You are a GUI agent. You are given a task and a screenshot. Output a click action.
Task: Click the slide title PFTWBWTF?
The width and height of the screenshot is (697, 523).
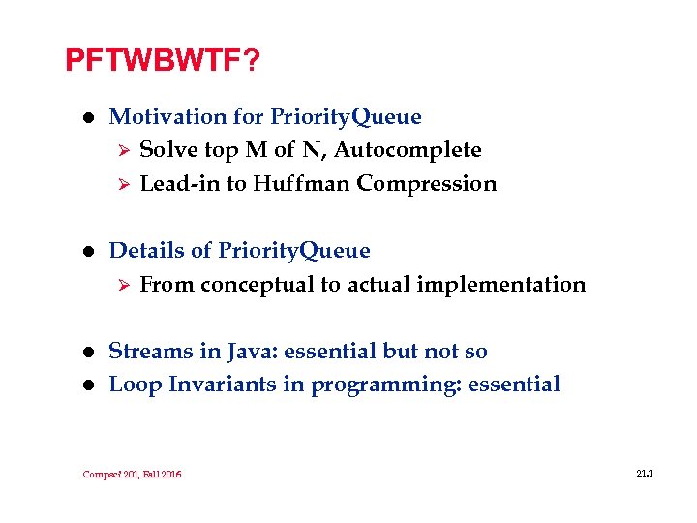(x=162, y=61)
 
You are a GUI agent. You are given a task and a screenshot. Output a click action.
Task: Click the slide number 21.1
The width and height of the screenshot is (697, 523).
(x=646, y=473)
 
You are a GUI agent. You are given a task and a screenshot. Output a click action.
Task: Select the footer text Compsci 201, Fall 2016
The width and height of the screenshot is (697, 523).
(x=133, y=474)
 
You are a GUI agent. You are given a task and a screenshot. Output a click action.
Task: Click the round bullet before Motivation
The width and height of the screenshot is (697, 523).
(x=86, y=118)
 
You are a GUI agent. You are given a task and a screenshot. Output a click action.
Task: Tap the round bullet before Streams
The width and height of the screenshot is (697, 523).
(x=86, y=353)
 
